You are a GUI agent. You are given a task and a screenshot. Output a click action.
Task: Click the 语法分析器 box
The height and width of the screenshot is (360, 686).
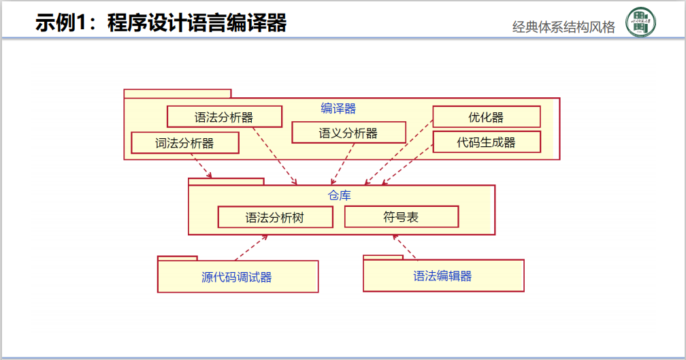click(224, 117)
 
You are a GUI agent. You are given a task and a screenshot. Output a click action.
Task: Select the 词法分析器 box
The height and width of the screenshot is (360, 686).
click(185, 143)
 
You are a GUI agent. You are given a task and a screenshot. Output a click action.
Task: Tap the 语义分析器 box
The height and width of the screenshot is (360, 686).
click(348, 133)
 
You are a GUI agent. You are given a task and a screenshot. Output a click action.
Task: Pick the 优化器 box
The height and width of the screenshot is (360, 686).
click(486, 117)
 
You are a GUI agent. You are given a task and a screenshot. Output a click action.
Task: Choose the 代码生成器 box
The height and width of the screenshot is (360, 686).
click(486, 142)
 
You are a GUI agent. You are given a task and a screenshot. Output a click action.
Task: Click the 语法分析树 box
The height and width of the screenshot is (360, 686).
click(275, 218)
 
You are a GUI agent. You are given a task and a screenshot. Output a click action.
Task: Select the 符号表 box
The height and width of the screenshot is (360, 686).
click(401, 217)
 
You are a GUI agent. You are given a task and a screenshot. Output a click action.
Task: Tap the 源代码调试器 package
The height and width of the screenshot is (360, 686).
click(238, 277)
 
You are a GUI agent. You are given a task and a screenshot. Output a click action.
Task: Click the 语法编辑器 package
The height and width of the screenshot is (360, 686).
click(443, 276)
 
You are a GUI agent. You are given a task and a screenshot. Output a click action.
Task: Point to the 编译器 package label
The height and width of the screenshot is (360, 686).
click(338, 108)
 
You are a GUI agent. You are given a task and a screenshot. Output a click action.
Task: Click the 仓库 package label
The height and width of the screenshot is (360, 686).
click(340, 195)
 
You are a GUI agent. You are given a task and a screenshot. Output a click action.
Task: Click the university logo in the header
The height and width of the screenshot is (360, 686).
click(640, 22)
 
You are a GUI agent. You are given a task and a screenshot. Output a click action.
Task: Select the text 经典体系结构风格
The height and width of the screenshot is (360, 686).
click(563, 27)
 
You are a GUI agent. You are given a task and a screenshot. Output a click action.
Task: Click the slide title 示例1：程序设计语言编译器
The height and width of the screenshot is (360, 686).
click(161, 22)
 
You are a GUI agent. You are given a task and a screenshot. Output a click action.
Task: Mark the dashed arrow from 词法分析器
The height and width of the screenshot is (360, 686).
click(201, 165)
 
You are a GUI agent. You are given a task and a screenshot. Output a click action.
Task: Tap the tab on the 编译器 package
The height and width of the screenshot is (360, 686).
click(177, 93)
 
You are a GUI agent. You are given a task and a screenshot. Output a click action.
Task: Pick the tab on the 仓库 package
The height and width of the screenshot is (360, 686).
click(226, 181)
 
